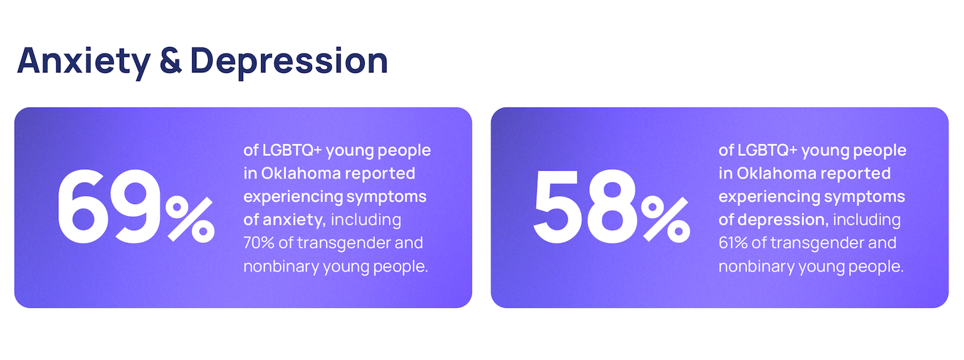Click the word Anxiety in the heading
pos(84,62)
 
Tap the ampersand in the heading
pos(171,60)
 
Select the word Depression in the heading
pos(289,62)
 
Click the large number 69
pos(109,207)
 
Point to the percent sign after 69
pos(190,219)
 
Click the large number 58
pos(585,207)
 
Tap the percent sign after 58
pos(665,219)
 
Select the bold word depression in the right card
pos(783,220)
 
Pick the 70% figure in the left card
pos(258,243)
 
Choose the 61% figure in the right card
pos(733,243)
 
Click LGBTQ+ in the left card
pos(292,151)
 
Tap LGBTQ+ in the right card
pos(767,151)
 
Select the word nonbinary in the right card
pos(756,267)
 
